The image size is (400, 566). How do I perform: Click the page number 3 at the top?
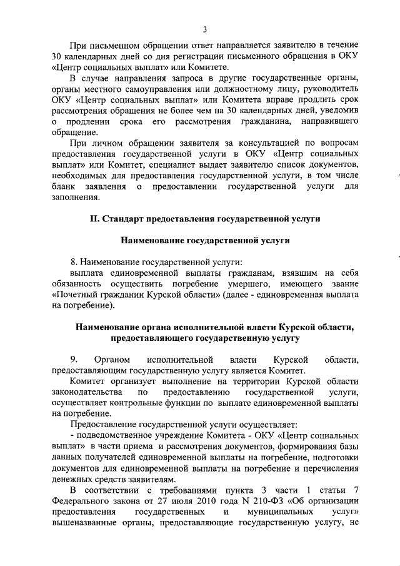tap(204, 29)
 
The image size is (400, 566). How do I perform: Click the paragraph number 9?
tap(73, 359)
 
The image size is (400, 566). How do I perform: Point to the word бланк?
tap(64, 186)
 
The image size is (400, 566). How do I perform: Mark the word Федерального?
tap(82, 501)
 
